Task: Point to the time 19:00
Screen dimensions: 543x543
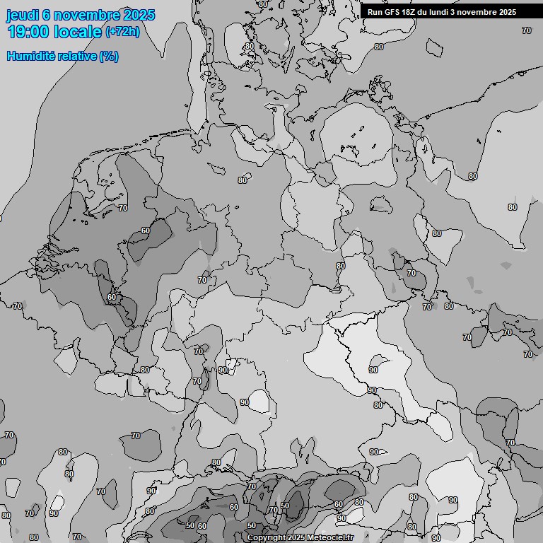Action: pos(28,32)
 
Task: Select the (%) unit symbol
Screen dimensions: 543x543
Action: pos(109,56)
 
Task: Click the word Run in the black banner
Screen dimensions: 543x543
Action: pos(375,12)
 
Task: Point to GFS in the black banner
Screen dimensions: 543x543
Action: pos(392,12)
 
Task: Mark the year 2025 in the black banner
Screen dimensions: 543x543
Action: pos(506,12)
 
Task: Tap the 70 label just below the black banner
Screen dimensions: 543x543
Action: pos(527,30)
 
